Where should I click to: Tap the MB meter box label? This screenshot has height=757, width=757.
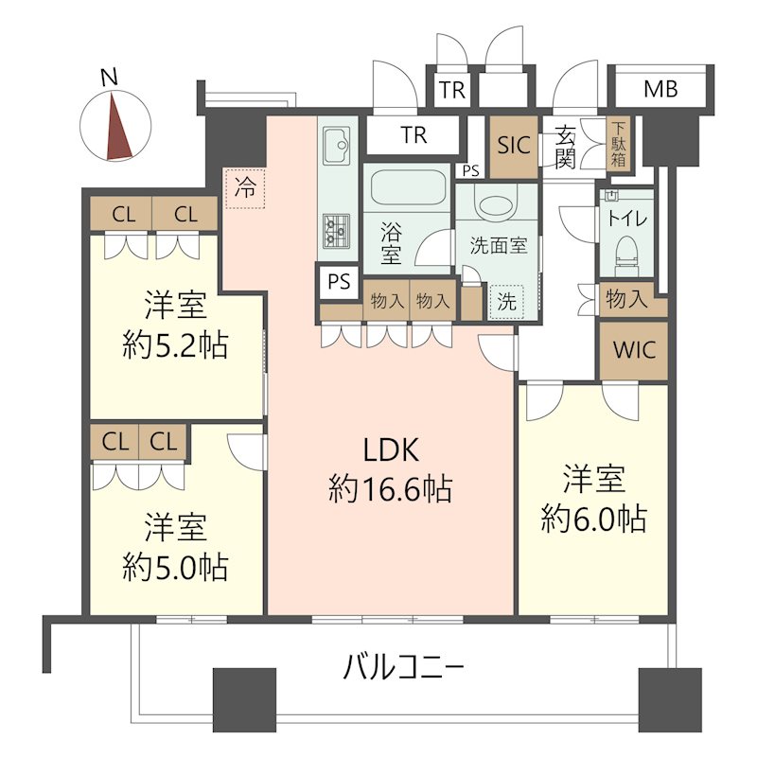pyautogui.click(x=660, y=89)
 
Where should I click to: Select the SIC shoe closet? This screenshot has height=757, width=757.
pyautogui.click(x=514, y=147)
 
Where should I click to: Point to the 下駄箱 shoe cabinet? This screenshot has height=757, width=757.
pyautogui.click(x=619, y=144)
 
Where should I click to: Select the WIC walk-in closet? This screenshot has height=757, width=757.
pyautogui.click(x=634, y=350)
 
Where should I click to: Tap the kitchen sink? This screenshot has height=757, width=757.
pyautogui.click(x=337, y=146)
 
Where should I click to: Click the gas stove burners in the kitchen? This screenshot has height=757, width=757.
pyautogui.click(x=337, y=231)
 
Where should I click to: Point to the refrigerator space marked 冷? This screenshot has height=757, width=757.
pyautogui.click(x=245, y=187)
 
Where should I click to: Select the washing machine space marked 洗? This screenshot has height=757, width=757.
pyautogui.click(x=506, y=303)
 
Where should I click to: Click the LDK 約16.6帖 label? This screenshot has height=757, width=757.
pyautogui.click(x=390, y=469)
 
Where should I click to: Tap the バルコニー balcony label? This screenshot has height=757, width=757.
pyautogui.click(x=404, y=667)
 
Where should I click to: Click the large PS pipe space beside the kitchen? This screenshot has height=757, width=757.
pyautogui.click(x=339, y=281)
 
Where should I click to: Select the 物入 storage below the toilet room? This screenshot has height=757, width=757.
pyautogui.click(x=626, y=299)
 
